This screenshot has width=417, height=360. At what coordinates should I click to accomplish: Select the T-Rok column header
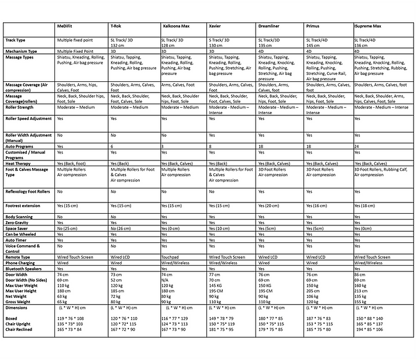[x=116, y=28]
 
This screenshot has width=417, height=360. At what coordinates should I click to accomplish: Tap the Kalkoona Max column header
[x=176, y=28]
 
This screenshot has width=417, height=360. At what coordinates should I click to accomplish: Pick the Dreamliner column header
[x=271, y=28]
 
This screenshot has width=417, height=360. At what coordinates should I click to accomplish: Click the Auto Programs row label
[x=20, y=145]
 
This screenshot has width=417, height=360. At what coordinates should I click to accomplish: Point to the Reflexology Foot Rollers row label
[x=29, y=191]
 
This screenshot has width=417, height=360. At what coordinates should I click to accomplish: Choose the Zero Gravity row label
[x=18, y=222]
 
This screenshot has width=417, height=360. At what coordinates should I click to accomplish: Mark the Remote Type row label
[x=19, y=257]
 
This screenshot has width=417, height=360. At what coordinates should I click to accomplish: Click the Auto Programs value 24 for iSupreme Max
[x=357, y=145]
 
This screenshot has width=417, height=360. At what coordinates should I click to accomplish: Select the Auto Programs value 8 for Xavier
[x=211, y=145]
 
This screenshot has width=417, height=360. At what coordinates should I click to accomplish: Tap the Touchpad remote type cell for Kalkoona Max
[x=171, y=257]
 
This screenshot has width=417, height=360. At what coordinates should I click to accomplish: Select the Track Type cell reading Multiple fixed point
[x=77, y=40]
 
